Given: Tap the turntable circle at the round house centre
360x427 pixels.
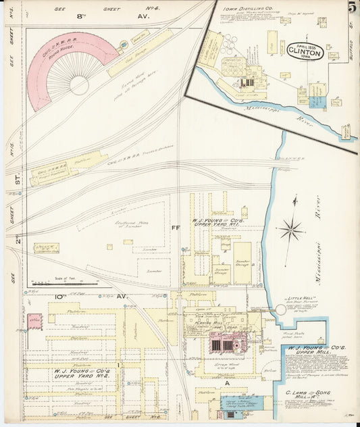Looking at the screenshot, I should click(x=79, y=85).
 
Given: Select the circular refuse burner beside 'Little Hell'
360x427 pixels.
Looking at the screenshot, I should click(x=281, y=310).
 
